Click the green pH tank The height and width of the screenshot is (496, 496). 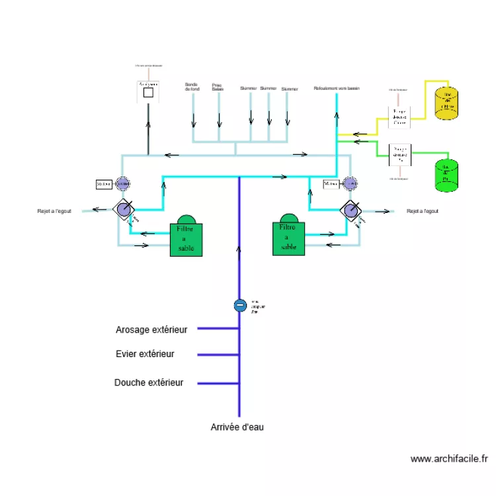446,176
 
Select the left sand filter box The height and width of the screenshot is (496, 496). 186,239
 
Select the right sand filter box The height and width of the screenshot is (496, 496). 288,237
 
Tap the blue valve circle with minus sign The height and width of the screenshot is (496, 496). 240,305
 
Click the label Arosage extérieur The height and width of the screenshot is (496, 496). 151,329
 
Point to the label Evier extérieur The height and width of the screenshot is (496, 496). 145,354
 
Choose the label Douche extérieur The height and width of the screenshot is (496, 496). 149,382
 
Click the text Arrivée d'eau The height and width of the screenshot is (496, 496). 237,427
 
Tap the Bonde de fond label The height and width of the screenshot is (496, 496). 192,87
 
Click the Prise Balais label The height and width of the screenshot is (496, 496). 218,87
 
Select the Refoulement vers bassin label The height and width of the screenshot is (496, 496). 336,88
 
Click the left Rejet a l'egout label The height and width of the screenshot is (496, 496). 54,212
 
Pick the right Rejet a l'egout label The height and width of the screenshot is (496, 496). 422,212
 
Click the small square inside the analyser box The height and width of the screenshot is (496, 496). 148,93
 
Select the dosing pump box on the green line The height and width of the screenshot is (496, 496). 399,155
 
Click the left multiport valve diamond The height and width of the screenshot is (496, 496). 123,209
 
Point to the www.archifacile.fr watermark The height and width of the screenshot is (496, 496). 449,458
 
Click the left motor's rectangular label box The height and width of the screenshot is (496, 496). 104,184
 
